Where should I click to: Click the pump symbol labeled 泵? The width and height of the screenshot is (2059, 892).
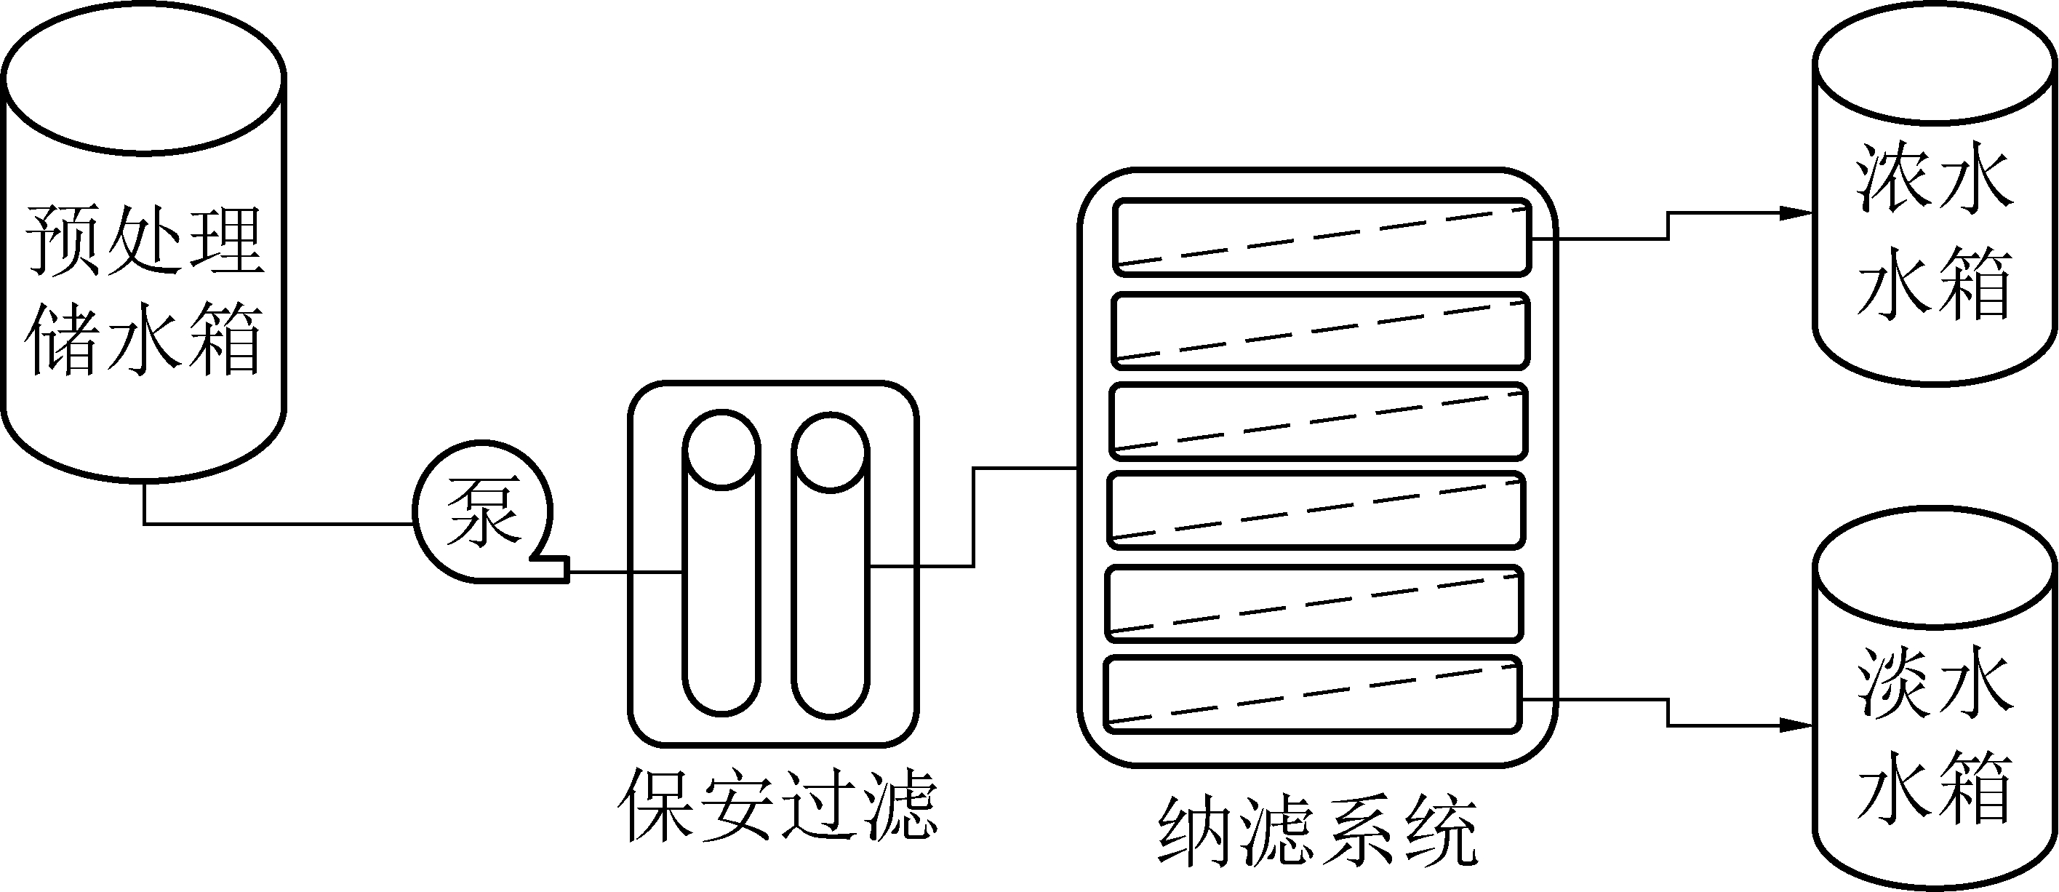482,511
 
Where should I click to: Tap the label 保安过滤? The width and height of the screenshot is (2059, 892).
776,805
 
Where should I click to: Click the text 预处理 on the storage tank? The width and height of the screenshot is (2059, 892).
144,241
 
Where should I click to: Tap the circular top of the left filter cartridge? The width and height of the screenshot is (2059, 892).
721,449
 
